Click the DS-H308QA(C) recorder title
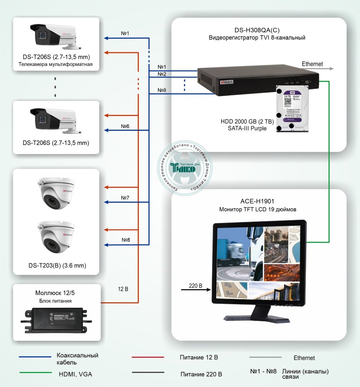(257, 30)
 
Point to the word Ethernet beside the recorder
(312, 64)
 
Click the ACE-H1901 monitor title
(257, 202)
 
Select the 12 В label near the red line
(124, 289)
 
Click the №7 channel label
(125, 198)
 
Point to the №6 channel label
(125, 127)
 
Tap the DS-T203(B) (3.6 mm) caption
(57, 266)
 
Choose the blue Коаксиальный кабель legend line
(35, 357)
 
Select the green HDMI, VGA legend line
(35, 373)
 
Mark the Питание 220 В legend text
(201, 374)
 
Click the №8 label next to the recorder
(162, 90)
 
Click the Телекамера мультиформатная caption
(56, 64)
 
